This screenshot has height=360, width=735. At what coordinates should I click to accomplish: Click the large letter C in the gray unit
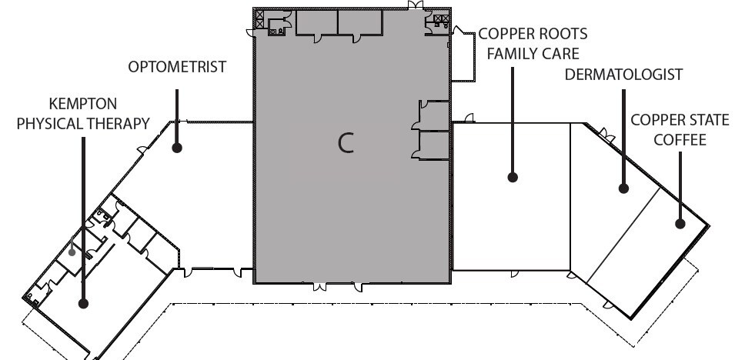346,142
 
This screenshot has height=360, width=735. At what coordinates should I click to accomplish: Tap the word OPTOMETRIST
177,67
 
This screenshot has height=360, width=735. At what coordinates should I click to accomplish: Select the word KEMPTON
83,104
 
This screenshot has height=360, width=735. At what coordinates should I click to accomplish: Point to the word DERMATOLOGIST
623,75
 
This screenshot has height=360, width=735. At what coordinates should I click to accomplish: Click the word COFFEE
680,140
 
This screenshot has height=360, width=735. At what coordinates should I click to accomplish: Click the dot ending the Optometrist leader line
177,148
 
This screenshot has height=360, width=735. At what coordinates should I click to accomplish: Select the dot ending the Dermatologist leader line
623,188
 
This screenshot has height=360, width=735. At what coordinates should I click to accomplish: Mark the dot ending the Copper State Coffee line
680,224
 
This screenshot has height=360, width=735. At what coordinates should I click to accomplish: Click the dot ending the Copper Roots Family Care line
513,177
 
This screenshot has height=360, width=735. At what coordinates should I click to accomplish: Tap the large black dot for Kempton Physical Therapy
83,304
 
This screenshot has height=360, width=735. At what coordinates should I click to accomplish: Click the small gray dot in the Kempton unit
72,252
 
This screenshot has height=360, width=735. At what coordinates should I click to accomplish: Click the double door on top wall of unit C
416,5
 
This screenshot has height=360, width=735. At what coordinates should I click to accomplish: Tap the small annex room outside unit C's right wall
463,55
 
